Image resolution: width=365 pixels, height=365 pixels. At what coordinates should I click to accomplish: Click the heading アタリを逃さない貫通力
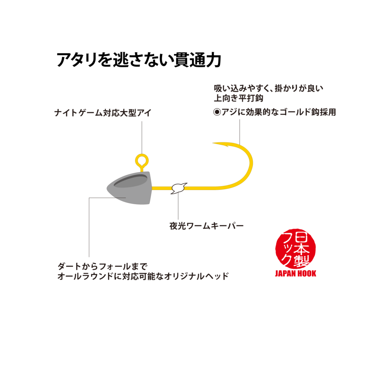[x=139, y=60]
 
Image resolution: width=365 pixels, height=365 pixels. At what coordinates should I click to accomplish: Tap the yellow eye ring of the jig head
[x=142, y=155]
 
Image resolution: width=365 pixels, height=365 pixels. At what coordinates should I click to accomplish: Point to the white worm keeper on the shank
[x=179, y=188]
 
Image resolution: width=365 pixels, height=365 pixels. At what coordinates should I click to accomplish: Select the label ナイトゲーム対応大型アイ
[x=103, y=113]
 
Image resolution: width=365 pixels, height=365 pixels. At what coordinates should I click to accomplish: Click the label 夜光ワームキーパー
[x=206, y=226]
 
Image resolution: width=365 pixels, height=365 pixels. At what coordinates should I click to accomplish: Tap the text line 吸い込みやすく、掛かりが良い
[x=269, y=88]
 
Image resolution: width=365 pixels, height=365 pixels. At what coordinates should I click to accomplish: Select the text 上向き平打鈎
[x=238, y=98]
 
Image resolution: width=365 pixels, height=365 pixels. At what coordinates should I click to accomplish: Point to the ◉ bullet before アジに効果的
[x=217, y=112]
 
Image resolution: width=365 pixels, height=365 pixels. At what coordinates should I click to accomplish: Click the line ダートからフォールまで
[x=102, y=266]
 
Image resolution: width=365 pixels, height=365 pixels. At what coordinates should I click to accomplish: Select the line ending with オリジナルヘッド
[x=143, y=276]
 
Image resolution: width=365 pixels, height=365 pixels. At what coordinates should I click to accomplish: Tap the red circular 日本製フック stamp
[x=295, y=248]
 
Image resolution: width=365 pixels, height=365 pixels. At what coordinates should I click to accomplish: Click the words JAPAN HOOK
[x=295, y=273]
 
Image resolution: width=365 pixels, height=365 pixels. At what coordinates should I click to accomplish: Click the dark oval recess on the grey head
[x=130, y=181]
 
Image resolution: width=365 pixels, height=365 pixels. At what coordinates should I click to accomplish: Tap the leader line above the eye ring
[x=142, y=137]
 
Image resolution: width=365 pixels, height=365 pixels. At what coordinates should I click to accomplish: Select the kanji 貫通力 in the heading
[x=197, y=60]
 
